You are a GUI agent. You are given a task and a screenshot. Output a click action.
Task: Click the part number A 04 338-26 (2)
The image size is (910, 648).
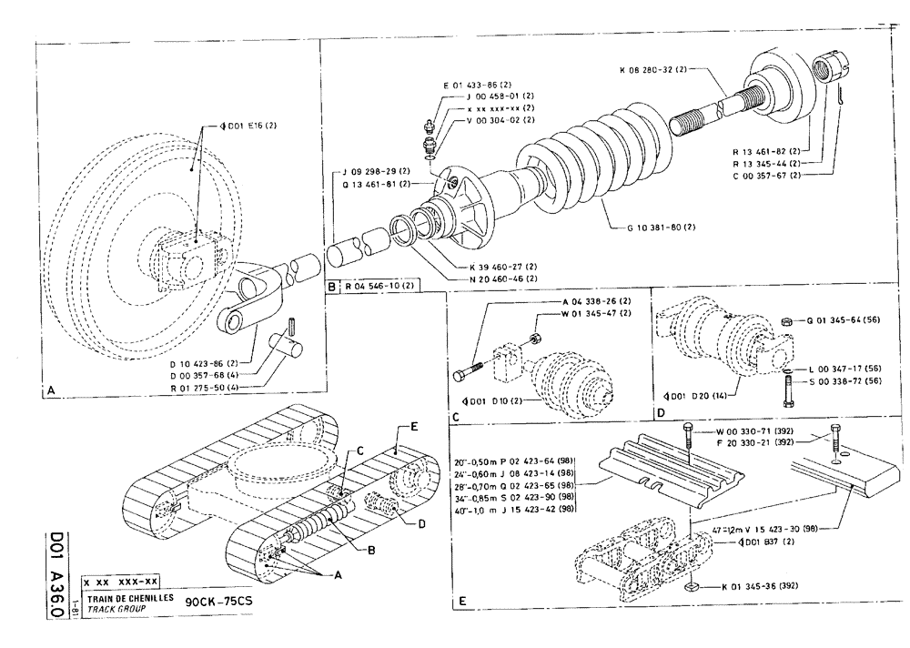[x=595, y=301]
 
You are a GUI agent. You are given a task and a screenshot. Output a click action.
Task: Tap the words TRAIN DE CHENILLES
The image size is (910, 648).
[x=126, y=596]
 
